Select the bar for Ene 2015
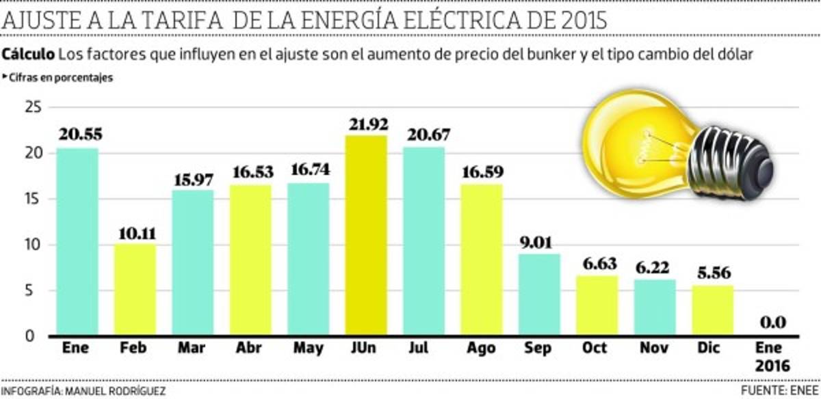click(77, 242)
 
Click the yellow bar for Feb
click(135, 290)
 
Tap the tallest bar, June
click(366, 236)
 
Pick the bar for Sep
click(540, 294)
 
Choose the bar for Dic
click(713, 310)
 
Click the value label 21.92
click(366, 124)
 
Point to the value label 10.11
click(135, 233)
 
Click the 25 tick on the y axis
click(32, 108)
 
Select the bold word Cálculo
click(29, 54)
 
